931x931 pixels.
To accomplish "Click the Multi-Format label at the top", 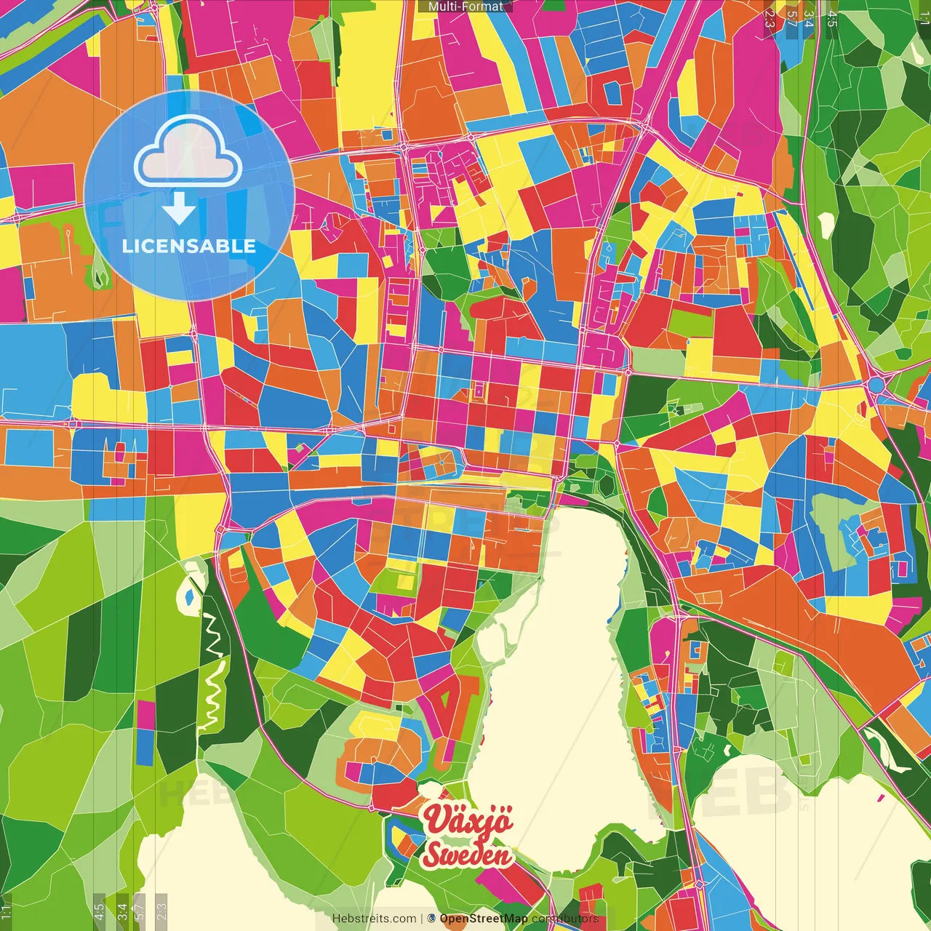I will [465, 7].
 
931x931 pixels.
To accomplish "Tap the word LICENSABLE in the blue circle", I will [189, 246].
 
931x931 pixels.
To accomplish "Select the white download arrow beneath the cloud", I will [179, 209].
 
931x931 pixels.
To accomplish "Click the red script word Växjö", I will [469, 820].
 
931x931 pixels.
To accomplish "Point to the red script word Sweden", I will [467, 855].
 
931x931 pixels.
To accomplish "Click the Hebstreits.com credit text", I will [374, 919].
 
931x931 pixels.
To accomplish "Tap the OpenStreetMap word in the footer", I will [484, 919].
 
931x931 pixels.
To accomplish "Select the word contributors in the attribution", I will [565, 919].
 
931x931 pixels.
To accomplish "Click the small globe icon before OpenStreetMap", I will [431, 919].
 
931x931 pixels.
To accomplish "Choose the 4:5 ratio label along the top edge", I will [832, 18].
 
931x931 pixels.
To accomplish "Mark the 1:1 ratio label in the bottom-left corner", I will [6, 912].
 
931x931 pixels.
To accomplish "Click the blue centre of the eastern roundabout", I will [876, 383].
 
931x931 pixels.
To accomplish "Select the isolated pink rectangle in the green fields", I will [145, 715].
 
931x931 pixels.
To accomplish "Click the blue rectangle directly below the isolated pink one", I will [145, 748].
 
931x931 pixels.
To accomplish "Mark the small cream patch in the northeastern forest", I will [826, 225].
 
